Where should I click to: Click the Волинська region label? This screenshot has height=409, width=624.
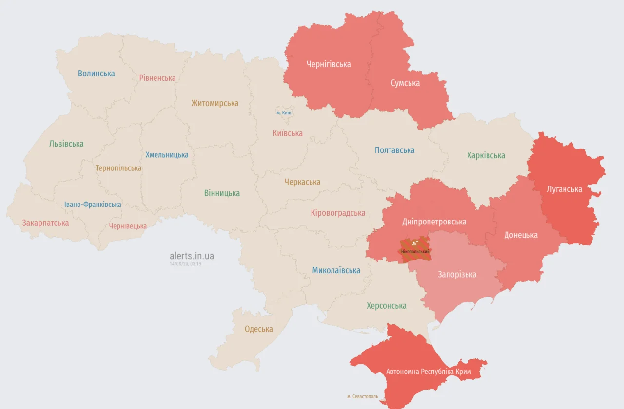pyautogui.click(x=97, y=74)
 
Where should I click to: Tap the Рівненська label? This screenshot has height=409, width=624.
pyautogui.click(x=157, y=78)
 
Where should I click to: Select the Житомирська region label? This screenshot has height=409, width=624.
pyautogui.click(x=214, y=103)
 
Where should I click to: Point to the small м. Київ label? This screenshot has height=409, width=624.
pyautogui.click(x=284, y=113)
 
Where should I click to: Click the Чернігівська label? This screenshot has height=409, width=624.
pyautogui.click(x=329, y=64)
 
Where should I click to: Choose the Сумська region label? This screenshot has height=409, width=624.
pyautogui.click(x=405, y=83)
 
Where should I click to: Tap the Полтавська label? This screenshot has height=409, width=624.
pyautogui.click(x=394, y=150)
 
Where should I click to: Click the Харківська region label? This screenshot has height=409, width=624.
pyautogui.click(x=486, y=155)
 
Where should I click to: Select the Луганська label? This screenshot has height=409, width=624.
pyautogui.click(x=565, y=189)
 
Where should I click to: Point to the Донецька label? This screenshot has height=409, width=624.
pyautogui.click(x=521, y=235)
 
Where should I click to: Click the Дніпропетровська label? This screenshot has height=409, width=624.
pyautogui.click(x=434, y=222)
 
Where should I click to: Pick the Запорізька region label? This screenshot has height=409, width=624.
pyautogui.click(x=457, y=274)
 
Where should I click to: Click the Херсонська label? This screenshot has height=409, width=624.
pyautogui.click(x=386, y=306)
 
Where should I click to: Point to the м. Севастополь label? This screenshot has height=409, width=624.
pyautogui.click(x=362, y=396)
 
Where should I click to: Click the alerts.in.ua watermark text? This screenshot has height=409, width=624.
pyautogui.click(x=192, y=256)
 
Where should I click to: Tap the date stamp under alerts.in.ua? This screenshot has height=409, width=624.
pyautogui.click(x=186, y=263)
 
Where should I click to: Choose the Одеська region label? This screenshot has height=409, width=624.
pyautogui.click(x=258, y=329)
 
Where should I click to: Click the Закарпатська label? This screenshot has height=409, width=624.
pyautogui.click(x=45, y=223)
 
